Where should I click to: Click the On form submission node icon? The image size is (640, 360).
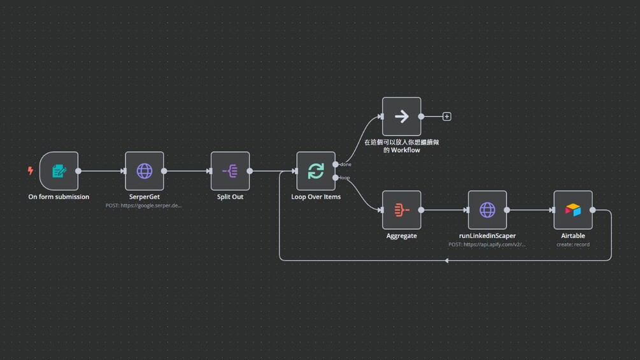pyautogui.click(x=59, y=171)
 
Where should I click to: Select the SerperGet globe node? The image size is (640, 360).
pyautogui.click(x=145, y=171)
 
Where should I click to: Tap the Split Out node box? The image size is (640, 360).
pyautogui.click(x=230, y=171)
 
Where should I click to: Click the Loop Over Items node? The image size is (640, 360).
pyautogui.click(x=316, y=171)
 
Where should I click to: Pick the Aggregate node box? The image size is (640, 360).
pyautogui.click(x=401, y=210)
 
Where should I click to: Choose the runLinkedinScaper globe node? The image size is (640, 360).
pyautogui.click(x=487, y=210)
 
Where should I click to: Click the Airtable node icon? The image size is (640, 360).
pyautogui.click(x=573, y=210)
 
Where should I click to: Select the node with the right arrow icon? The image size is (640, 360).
pyautogui.click(x=401, y=117)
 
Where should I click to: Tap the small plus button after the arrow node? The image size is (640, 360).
pyautogui.click(x=447, y=117)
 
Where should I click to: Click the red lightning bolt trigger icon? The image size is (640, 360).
pyautogui.click(x=30, y=171)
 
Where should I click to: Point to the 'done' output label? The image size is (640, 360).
pyautogui.click(x=346, y=164)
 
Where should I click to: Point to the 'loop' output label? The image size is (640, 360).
pyautogui.click(x=345, y=178)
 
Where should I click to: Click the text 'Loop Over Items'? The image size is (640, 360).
pyautogui.click(x=316, y=197)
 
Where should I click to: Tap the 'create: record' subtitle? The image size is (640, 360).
pyautogui.click(x=573, y=244)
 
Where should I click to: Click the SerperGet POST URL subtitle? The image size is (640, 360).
pyautogui.click(x=144, y=205)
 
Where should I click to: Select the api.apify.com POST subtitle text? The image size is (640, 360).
pyautogui.click(x=487, y=244)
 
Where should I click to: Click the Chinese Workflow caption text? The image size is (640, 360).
pyautogui.click(x=401, y=146)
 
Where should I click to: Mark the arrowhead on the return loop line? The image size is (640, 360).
pyautogui.click(x=447, y=261)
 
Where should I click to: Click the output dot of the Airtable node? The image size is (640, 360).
pyautogui.click(x=593, y=210)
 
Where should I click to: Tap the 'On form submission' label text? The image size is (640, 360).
pyautogui.click(x=59, y=197)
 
